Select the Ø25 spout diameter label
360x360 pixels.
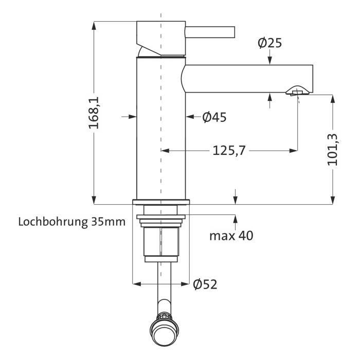click(270, 43)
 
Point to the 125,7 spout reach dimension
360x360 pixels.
click(229, 150)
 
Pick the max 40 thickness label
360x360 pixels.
click(231, 236)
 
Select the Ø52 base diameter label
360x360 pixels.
click(205, 283)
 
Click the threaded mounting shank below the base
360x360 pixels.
click(161, 242)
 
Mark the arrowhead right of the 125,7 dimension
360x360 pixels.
click(294, 150)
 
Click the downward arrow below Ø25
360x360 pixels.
click(270, 61)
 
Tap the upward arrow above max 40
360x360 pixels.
click(236, 219)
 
